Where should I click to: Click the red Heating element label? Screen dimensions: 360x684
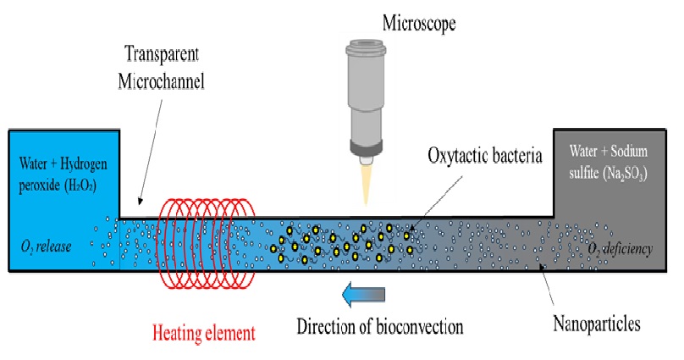click(203, 332)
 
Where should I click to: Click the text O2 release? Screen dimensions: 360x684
click(47, 246)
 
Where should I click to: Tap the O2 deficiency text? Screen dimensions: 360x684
click(625, 247)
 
